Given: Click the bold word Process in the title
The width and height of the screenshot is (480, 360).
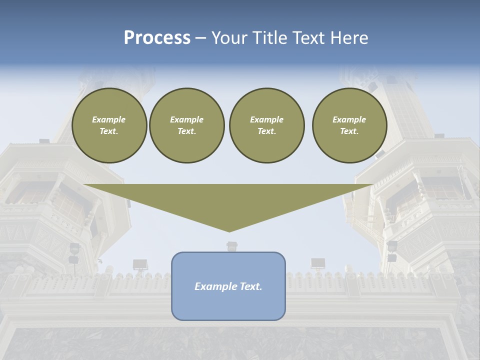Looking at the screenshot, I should coord(157,38).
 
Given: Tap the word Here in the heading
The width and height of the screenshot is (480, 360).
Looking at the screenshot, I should coord(349,38).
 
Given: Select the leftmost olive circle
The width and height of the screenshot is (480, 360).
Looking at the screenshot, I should coord(109,125).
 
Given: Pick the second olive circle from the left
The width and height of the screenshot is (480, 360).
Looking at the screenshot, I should coord(186,125).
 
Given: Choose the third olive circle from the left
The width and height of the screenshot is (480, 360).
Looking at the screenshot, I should coord(266,125).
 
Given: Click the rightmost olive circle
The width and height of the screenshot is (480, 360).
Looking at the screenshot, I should coord(349,125).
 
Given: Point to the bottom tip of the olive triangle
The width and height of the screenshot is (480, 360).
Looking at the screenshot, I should coord(229,231).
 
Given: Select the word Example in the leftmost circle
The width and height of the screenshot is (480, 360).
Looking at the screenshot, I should coord(109,119).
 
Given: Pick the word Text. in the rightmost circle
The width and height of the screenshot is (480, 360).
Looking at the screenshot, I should coord(349,131).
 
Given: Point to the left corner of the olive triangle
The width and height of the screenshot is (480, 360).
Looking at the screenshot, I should coord(84,184).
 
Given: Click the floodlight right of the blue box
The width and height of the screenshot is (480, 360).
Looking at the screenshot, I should coord(318,263).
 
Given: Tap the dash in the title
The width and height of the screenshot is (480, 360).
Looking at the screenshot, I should coord(201,38).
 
